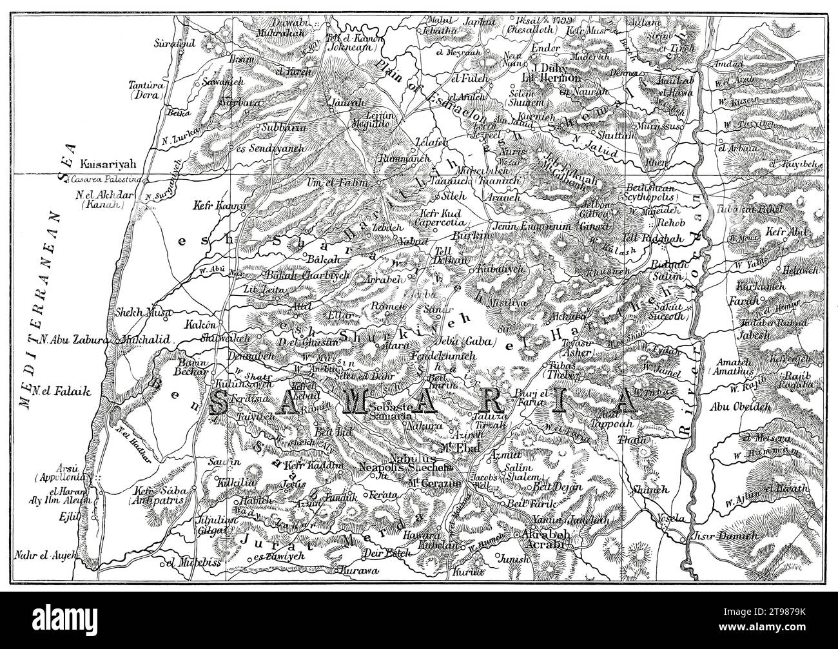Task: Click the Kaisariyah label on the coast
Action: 109,164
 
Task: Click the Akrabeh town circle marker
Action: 516,535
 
